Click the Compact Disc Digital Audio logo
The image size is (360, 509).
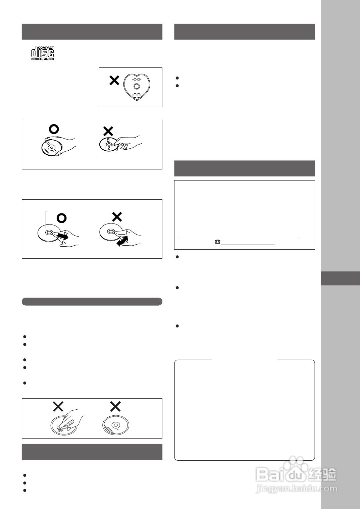click(x=43, y=53)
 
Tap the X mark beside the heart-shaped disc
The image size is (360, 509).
click(x=114, y=80)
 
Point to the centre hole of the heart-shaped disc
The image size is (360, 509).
click(x=137, y=86)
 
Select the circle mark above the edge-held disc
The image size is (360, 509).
click(x=53, y=129)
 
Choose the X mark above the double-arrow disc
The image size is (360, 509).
click(x=117, y=217)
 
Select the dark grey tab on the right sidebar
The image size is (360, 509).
click(x=340, y=278)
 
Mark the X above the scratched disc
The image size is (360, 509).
click(x=58, y=407)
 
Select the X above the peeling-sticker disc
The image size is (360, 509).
click(x=115, y=407)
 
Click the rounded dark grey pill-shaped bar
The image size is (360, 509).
click(x=92, y=301)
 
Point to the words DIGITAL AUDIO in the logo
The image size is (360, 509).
click(x=43, y=59)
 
